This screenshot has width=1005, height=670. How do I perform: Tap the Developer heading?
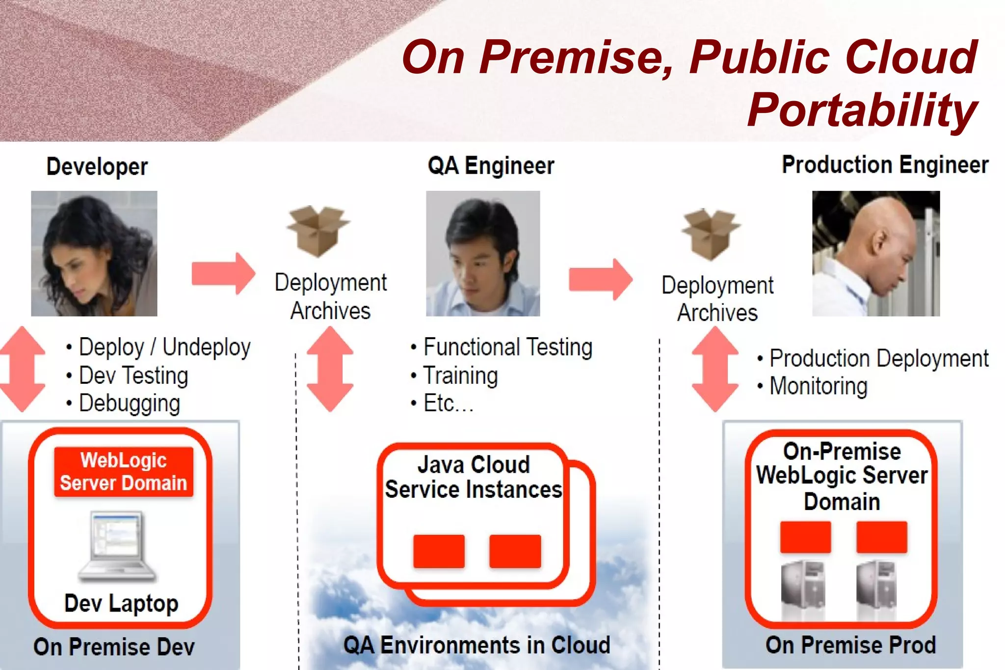click(x=97, y=166)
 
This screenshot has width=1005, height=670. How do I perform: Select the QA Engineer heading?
click(x=491, y=165)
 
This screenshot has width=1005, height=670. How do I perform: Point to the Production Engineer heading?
click(x=885, y=165)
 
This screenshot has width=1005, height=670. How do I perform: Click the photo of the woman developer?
click(x=94, y=253)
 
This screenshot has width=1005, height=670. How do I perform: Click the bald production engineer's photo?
click(x=876, y=253)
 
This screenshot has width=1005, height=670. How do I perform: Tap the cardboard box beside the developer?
click(x=318, y=231)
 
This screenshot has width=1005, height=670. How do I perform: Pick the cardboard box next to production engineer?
click(x=711, y=234)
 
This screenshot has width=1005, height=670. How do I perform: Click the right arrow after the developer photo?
click(x=223, y=273)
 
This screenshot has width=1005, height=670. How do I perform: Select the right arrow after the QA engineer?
click(x=601, y=279)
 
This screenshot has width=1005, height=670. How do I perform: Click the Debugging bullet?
click(x=129, y=403)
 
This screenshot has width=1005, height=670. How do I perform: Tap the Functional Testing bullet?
click(x=507, y=347)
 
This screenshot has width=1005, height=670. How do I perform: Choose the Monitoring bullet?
click(x=818, y=386)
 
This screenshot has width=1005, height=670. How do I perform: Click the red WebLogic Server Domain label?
click(x=124, y=472)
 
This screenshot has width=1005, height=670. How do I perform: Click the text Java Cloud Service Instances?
click(x=473, y=477)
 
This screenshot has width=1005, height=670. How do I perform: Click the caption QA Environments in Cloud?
click(x=476, y=645)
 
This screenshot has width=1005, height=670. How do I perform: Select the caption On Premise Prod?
click(x=850, y=645)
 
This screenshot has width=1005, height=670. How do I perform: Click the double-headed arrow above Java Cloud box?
click(x=330, y=369)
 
